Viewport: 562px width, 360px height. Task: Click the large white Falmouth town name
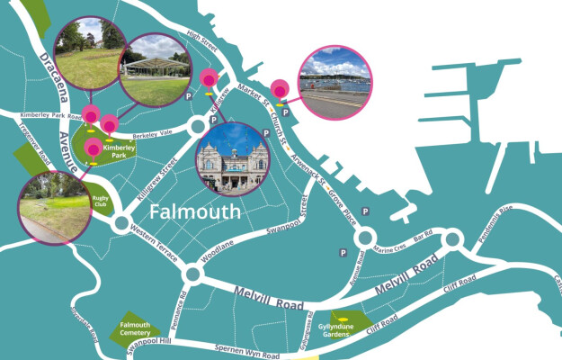click(195, 213)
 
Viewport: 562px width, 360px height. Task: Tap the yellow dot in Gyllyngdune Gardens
click(342, 319)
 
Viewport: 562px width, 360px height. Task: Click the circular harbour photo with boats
click(334, 83)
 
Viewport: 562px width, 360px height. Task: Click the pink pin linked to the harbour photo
click(280, 91)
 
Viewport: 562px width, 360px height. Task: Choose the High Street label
click(202, 37)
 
